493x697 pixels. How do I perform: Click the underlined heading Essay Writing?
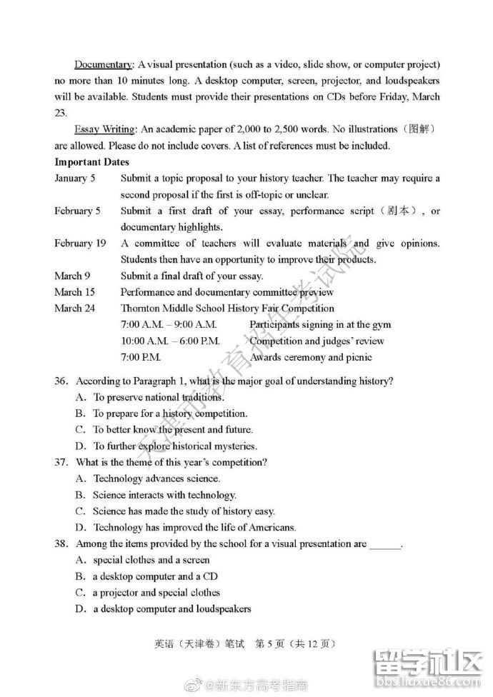pyautogui.click(x=104, y=129)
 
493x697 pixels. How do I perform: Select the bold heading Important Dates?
pyautogui.click(x=92, y=162)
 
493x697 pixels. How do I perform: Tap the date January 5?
pyautogui.click(x=75, y=179)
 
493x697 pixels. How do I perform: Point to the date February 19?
pyautogui.click(x=80, y=244)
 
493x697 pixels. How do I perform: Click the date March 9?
pyautogui.click(x=72, y=276)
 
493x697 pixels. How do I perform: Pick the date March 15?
pyautogui.click(x=74, y=292)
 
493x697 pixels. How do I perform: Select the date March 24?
pyautogui.click(x=74, y=309)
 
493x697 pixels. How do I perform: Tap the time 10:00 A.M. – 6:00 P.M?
pyautogui.click(x=170, y=341)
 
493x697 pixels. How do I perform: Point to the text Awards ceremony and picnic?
pyautogui.click(x=311, y=357)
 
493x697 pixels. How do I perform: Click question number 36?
pyautogui.click(x=61, y=381)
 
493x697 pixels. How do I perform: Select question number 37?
pyautogui.click(x=61, y=462)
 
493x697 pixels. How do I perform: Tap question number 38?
pyautogui.click(x=61, y=543)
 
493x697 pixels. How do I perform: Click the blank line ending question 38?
pyautogui.click(x=386, y=545)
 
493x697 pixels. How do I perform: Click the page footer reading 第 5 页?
pyautogui.click(x=271, y=643)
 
